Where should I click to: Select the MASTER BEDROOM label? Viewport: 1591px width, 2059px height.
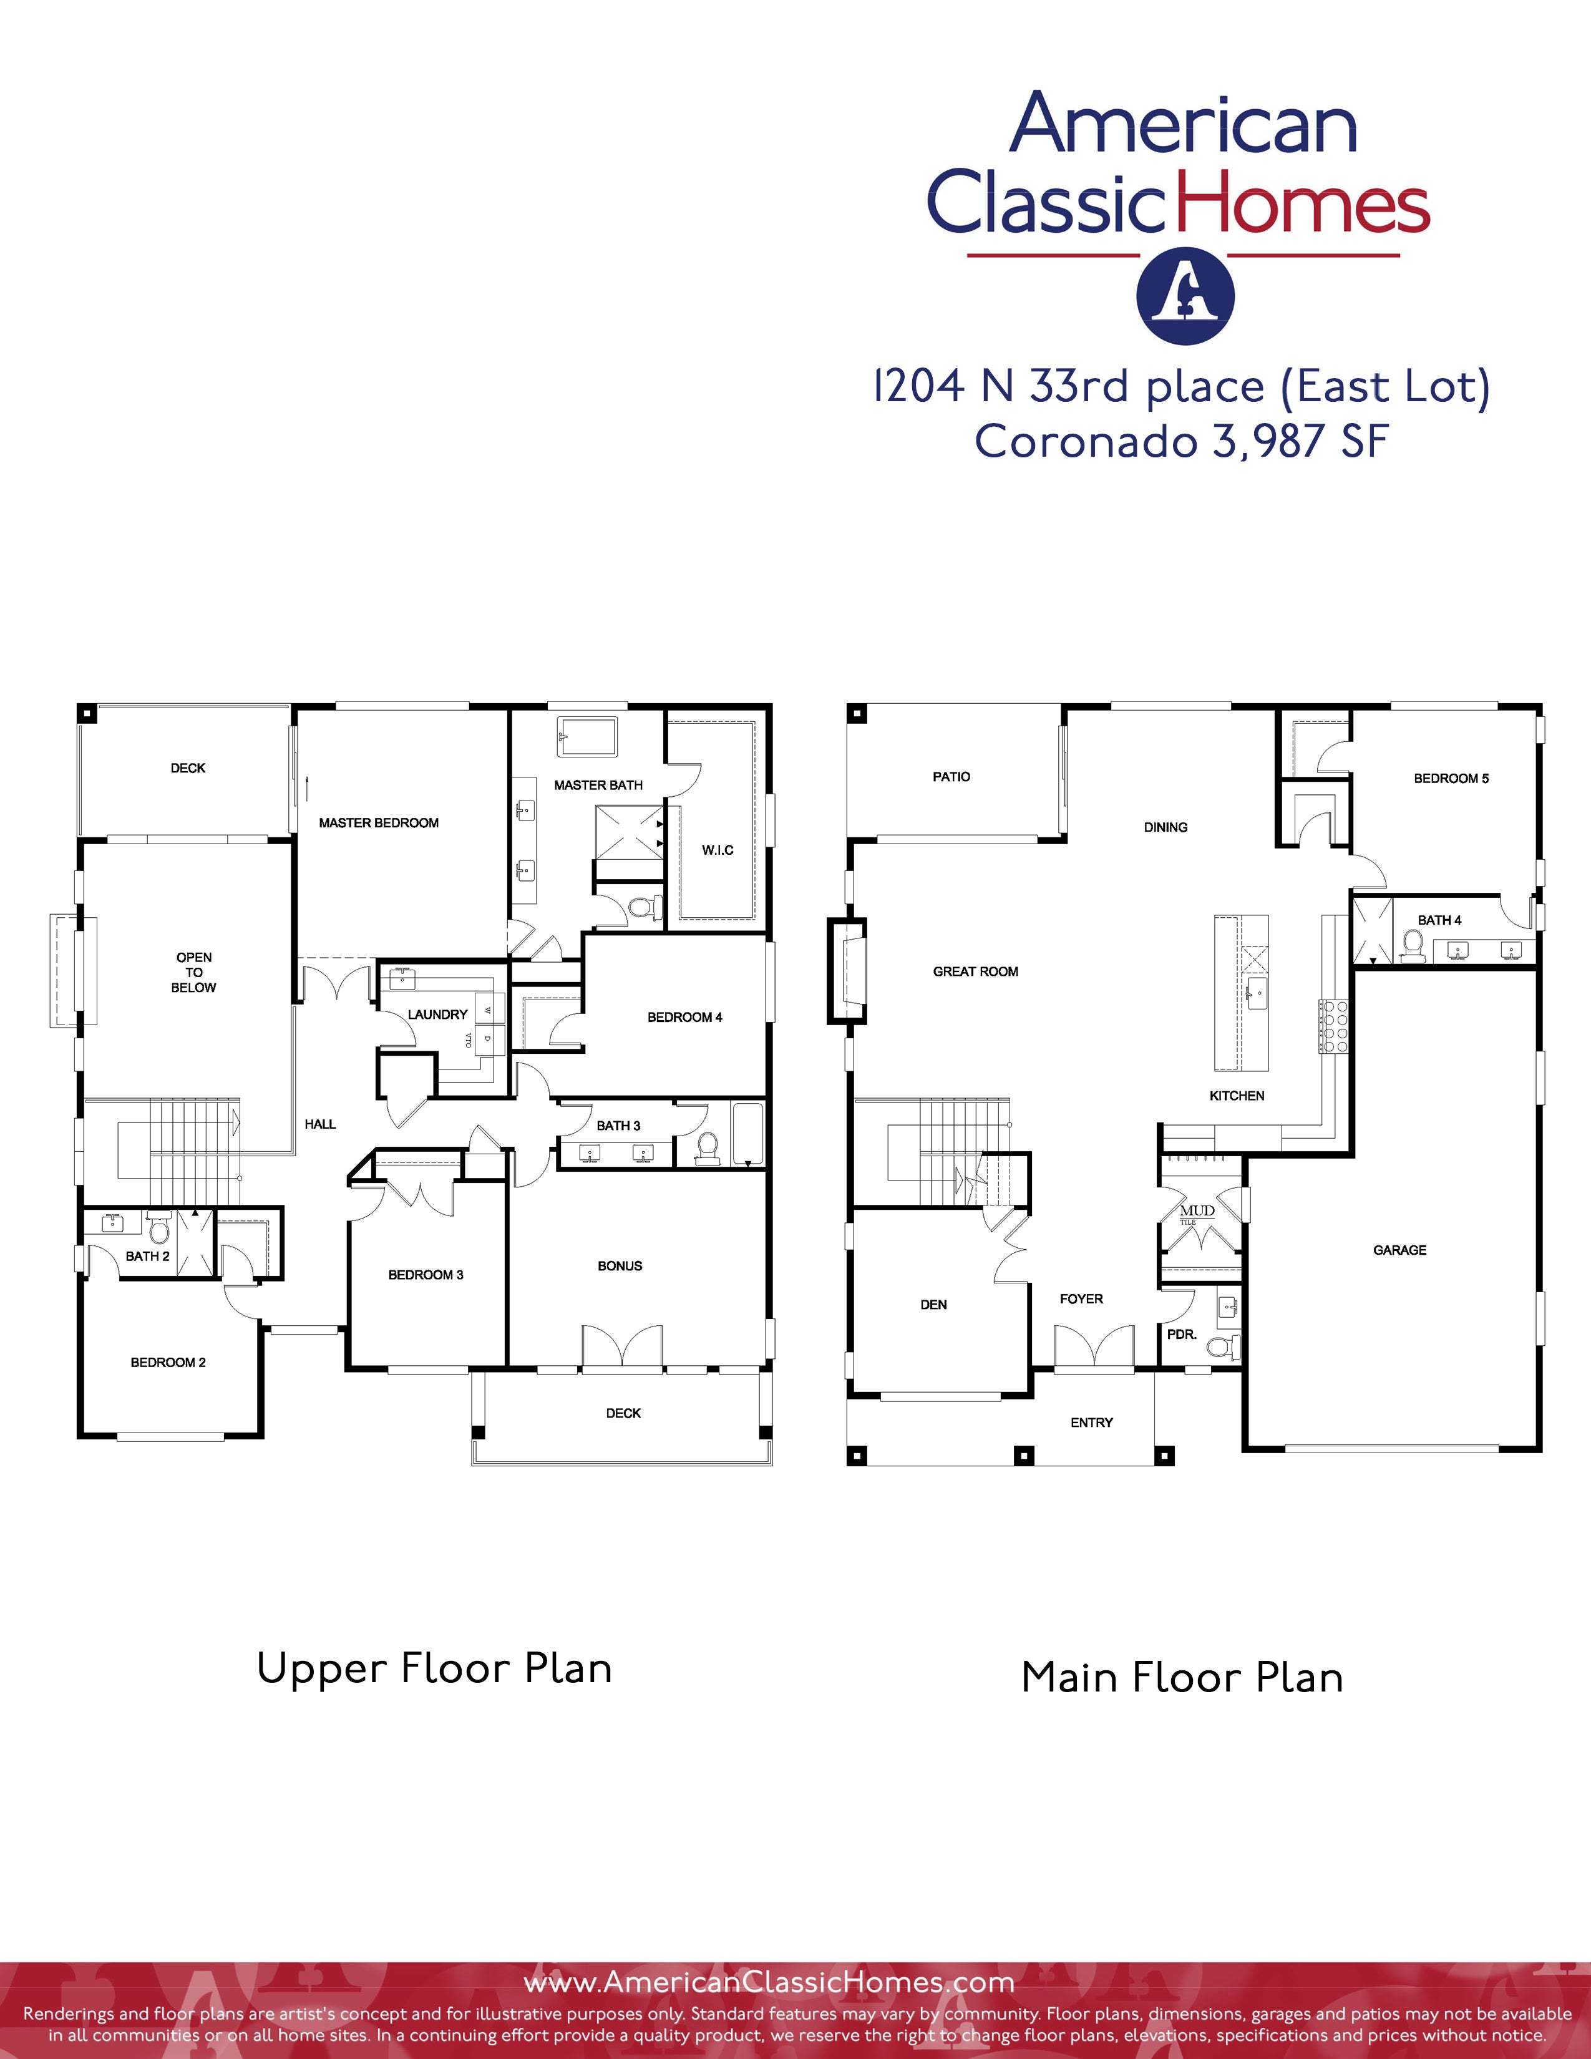pos(379,823)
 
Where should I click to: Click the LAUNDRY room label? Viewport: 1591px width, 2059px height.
pos(437,1015)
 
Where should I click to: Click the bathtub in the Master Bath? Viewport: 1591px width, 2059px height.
pos(587,736)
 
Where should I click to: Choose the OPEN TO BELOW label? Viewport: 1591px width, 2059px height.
pos(194,972)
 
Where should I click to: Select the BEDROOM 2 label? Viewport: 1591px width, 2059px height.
pos(168,1362)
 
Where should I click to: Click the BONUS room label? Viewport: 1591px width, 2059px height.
pos(620,1266)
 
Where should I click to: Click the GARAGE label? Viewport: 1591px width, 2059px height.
pos(1399,1250)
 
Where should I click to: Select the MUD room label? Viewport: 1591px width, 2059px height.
pos(1197,1210)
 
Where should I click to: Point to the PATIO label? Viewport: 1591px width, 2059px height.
pos(951,777)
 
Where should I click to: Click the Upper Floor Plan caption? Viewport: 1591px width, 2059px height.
pos(434,1668)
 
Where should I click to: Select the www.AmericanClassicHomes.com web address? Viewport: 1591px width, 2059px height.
pos(769,1983)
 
